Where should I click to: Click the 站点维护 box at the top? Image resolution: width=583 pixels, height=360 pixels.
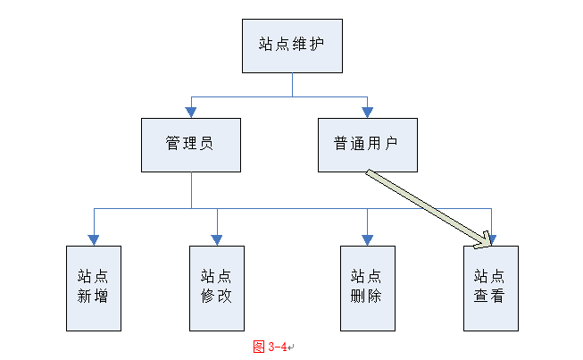(292, 46)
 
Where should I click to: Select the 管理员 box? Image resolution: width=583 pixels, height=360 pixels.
(191, 145)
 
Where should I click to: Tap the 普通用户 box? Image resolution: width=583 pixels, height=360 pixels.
(368, 145)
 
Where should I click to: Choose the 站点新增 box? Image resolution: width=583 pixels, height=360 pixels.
(94, 289)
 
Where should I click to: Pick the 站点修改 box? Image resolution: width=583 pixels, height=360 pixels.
(217, 289)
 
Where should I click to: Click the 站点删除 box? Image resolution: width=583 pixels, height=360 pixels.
(368, 289)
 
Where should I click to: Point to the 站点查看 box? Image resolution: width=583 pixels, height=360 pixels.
(491, 289)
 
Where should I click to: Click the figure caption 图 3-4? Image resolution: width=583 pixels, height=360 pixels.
(271, 347)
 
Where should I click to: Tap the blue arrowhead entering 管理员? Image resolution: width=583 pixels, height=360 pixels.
(191, 113)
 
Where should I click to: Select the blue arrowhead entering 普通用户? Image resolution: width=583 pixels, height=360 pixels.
(367, 113)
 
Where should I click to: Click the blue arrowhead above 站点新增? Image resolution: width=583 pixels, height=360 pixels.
(94, 240)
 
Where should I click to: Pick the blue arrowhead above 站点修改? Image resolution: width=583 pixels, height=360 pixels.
(217, 240)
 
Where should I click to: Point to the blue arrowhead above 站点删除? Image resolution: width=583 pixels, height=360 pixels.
(367, 240)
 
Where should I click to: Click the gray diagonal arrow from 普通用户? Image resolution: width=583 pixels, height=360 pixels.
(428, 208)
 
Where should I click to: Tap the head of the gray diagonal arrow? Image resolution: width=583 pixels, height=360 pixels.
(484, 241)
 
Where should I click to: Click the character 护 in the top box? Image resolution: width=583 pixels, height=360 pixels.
(316, 44)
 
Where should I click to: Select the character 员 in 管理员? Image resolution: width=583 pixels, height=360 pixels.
(206, 143)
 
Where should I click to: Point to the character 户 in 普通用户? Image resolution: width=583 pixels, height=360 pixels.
(391, 143)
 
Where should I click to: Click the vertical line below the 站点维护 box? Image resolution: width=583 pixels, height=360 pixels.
(292, 85)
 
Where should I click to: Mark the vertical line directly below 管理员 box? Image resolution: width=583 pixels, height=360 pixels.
(191, 190)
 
